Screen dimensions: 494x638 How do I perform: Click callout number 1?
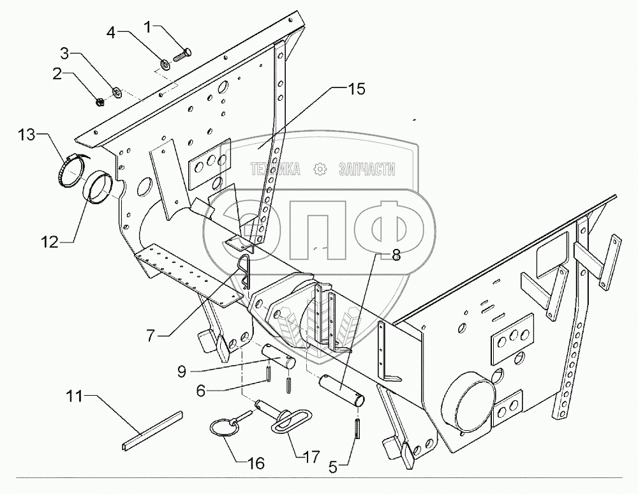point(148,27)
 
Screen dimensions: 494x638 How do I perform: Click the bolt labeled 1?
point(181,53)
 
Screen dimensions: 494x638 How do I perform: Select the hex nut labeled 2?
point(100,101)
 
